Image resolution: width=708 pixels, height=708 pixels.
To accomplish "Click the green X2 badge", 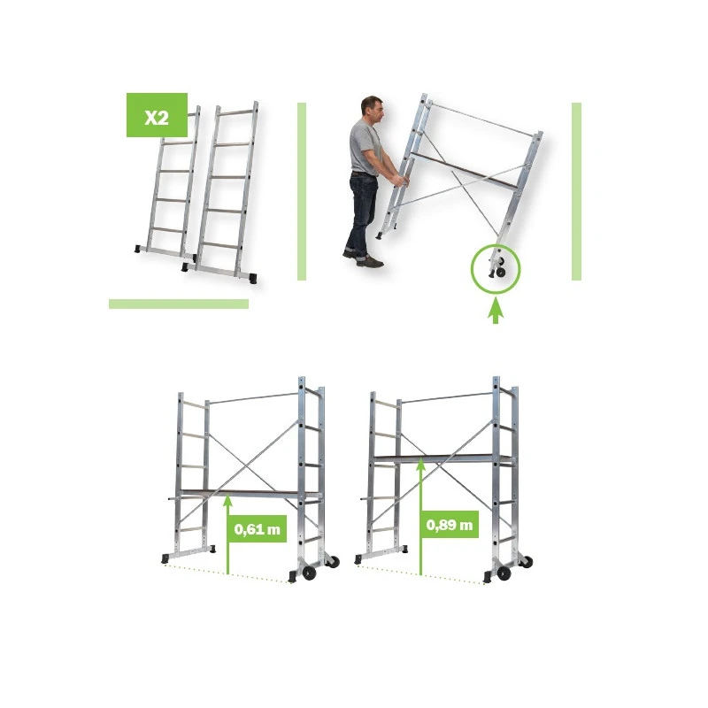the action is click(x=157, y=115).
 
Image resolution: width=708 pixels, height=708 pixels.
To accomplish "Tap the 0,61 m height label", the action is click(x=258, y=529).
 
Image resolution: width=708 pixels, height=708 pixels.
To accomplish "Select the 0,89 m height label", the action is click(x=450, y=525).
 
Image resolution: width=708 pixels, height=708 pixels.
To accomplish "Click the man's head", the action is click(x=373, y=112).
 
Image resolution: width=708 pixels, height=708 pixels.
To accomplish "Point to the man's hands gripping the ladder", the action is click(x=401, y=180).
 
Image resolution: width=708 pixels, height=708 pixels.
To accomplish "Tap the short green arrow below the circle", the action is click(x=496, y=312).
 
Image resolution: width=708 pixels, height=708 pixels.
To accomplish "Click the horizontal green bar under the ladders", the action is click(x=179, y=304).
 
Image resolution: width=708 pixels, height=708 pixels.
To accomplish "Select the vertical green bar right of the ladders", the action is click(x=302, y=191).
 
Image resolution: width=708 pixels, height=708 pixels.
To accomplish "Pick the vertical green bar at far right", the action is click(x=576, y=191).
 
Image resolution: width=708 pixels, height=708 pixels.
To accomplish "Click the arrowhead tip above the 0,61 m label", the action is click(x=227, y=495).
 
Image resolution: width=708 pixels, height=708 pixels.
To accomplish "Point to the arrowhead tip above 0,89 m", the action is click(x=420, y=458).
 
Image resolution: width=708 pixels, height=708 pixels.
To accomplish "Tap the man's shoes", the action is click(x=364, y=258).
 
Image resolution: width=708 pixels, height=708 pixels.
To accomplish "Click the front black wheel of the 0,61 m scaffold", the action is click(x=309, y=573).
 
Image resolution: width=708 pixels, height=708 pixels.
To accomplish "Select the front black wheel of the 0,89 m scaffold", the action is click(x=504, y=573).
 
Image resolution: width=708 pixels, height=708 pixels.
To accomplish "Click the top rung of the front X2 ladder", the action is click(x=237, y=112).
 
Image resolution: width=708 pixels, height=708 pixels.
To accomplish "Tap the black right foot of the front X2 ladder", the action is click(x=253, y=278).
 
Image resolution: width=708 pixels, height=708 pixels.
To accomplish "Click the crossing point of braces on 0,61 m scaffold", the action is click(x=244, y=464).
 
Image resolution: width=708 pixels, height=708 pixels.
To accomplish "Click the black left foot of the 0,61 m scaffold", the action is click(x=165, y=559).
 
